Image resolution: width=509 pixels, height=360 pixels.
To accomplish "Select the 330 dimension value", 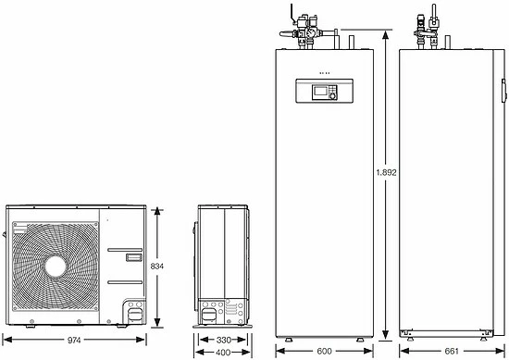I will (219, 340).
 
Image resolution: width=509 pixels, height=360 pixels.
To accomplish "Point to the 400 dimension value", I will (219, 353).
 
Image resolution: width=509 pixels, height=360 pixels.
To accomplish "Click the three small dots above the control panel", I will (324, 72).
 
